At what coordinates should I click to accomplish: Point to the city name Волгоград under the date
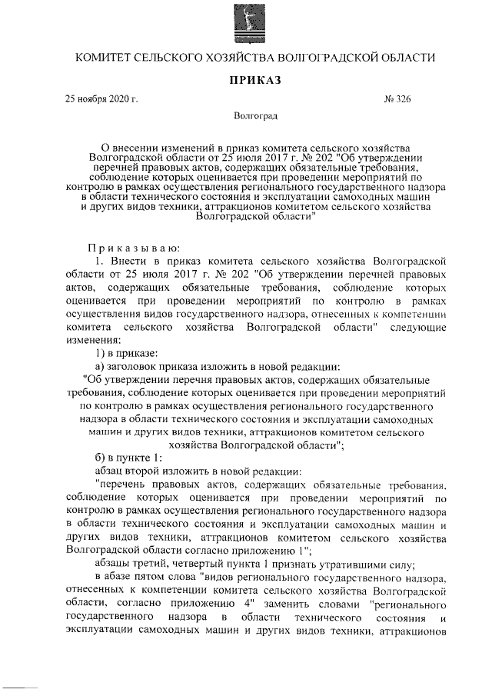pyautogui.click(x=255, y=117)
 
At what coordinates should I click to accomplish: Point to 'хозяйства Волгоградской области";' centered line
pyautogui.click(x=255, y=444)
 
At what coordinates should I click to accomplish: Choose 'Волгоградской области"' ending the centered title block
pyautogui.click(x=256, y=218)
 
